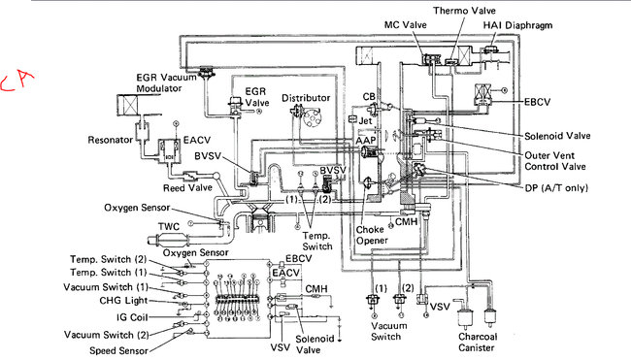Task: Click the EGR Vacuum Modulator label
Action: coord(166,82)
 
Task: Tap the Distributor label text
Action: coord(306,98)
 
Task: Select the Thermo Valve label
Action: coord(464,11)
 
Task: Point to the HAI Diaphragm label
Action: coord(517,25)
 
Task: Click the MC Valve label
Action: coord(405,25)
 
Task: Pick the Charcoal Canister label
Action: coord(478,342)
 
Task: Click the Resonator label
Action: coord(111,140)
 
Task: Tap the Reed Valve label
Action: coord(187,188)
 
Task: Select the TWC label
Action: coord(169,226)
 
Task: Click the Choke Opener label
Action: coord(372,235)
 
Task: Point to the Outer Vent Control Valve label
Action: coord(555,161)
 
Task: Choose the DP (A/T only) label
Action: coord(556,188)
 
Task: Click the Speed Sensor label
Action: coord(118,350)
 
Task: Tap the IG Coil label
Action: coord(132,317)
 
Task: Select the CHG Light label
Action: coord(123,301)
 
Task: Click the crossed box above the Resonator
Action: coord(127,106)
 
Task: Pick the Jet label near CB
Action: coord(365,120)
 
